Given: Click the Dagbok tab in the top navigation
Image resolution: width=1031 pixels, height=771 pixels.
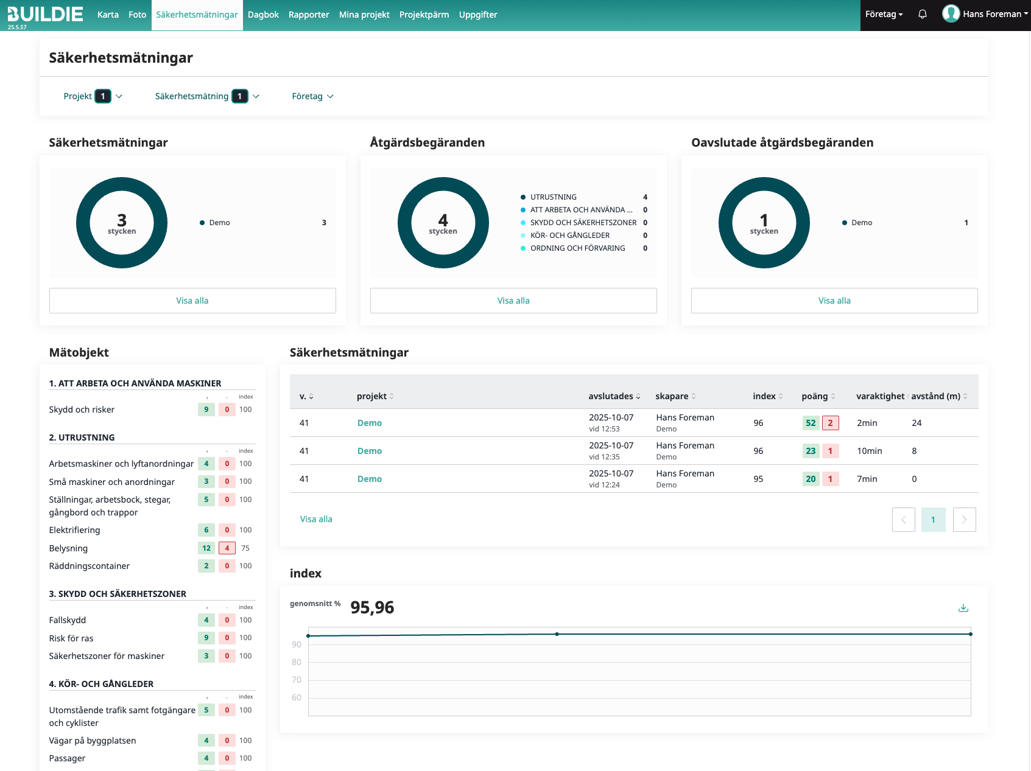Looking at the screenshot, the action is pyautogui.click(x=263, y=15).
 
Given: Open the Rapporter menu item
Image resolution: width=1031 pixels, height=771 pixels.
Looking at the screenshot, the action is pyautogui.click(x=309, y=15).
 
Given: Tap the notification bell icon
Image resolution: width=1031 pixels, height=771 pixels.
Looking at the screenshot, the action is pyautogui.click(x=923, y=14).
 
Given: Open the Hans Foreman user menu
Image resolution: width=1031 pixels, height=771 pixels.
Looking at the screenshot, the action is pyautogui.click(x=985, y=14).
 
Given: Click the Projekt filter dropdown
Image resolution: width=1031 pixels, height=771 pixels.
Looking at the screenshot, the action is pyautogui.click(x=93, y=96).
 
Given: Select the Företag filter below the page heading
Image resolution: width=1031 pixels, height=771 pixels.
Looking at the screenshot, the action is pyautogui.click(x=313, y=96).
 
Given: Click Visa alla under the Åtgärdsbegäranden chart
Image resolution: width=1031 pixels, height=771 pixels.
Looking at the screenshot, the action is pyautogui.click(x=513, y=301).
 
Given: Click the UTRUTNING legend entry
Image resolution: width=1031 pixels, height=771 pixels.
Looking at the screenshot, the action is pyautogui.click(x=553, y=197).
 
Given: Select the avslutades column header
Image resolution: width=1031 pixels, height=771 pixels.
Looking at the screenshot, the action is pyautogui.click(x=614, y=396).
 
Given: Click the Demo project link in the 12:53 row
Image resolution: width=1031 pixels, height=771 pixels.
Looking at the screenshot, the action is pyautogui.click(x=370, y=423).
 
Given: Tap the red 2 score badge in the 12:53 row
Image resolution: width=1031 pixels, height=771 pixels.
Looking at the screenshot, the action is pyautogui.click(x=830, y=423).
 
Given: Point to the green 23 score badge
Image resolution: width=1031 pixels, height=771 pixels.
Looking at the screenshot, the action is pyautogui.click(x=811, y=451).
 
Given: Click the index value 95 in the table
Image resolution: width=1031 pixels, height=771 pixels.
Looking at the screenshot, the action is pyautogui.click(x=758, y=479).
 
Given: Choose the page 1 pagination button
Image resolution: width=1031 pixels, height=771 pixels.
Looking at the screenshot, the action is pyautogui.click(x=933, y=520).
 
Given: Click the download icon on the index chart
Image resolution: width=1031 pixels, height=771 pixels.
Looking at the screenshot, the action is pyautogui.click(x=963, y=608).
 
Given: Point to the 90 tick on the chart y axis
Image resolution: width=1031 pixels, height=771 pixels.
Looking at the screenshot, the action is pyautogui.click(x=297, y=644).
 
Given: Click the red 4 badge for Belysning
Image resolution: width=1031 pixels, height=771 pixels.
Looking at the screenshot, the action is pyautogui.click(x=227, y=548).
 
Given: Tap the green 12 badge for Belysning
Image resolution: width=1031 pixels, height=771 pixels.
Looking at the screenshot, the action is pyautogui.click(x=206, y=548).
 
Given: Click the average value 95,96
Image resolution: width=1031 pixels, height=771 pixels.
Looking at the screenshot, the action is pyautogui.click(x=372, y=607).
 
